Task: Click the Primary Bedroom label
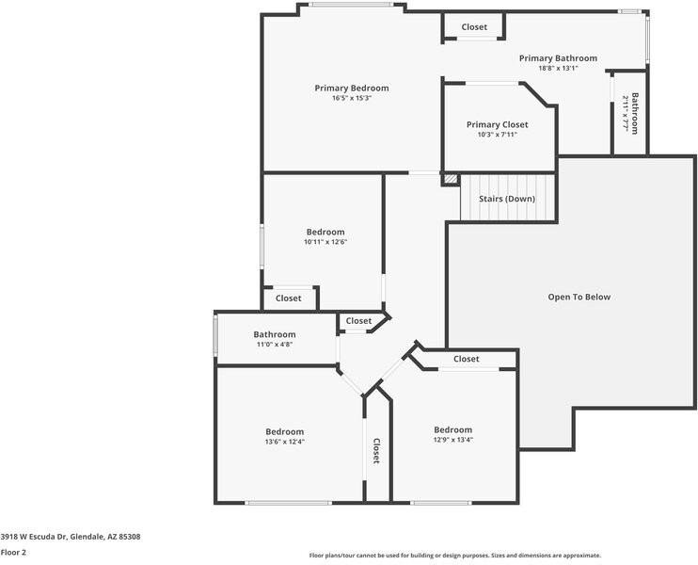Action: (351, 88)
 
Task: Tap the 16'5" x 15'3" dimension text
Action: (351, 98)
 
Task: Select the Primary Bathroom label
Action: (558, 57)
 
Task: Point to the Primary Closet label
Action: (497, 124)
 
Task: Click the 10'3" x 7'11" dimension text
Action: (497, 135)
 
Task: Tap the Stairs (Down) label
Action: (506, 199)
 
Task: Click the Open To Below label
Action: (579, 297)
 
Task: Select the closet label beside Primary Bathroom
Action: (474, 27)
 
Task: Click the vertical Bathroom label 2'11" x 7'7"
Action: (635, 113)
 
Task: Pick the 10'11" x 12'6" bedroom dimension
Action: (325, 242)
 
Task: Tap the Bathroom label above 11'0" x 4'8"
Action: (274, 334)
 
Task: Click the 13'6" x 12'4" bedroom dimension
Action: (284, 441)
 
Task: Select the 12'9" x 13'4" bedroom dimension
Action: (452, 440)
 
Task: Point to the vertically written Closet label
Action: (376, 451)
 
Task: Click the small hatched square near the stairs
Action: (450, 178)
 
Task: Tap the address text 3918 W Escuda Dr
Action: (70, 537)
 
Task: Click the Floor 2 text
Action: (13, 552)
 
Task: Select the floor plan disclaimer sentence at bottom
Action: (454, 556)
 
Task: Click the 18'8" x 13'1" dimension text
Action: (558, 68)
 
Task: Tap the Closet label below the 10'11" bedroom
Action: (288, 298)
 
